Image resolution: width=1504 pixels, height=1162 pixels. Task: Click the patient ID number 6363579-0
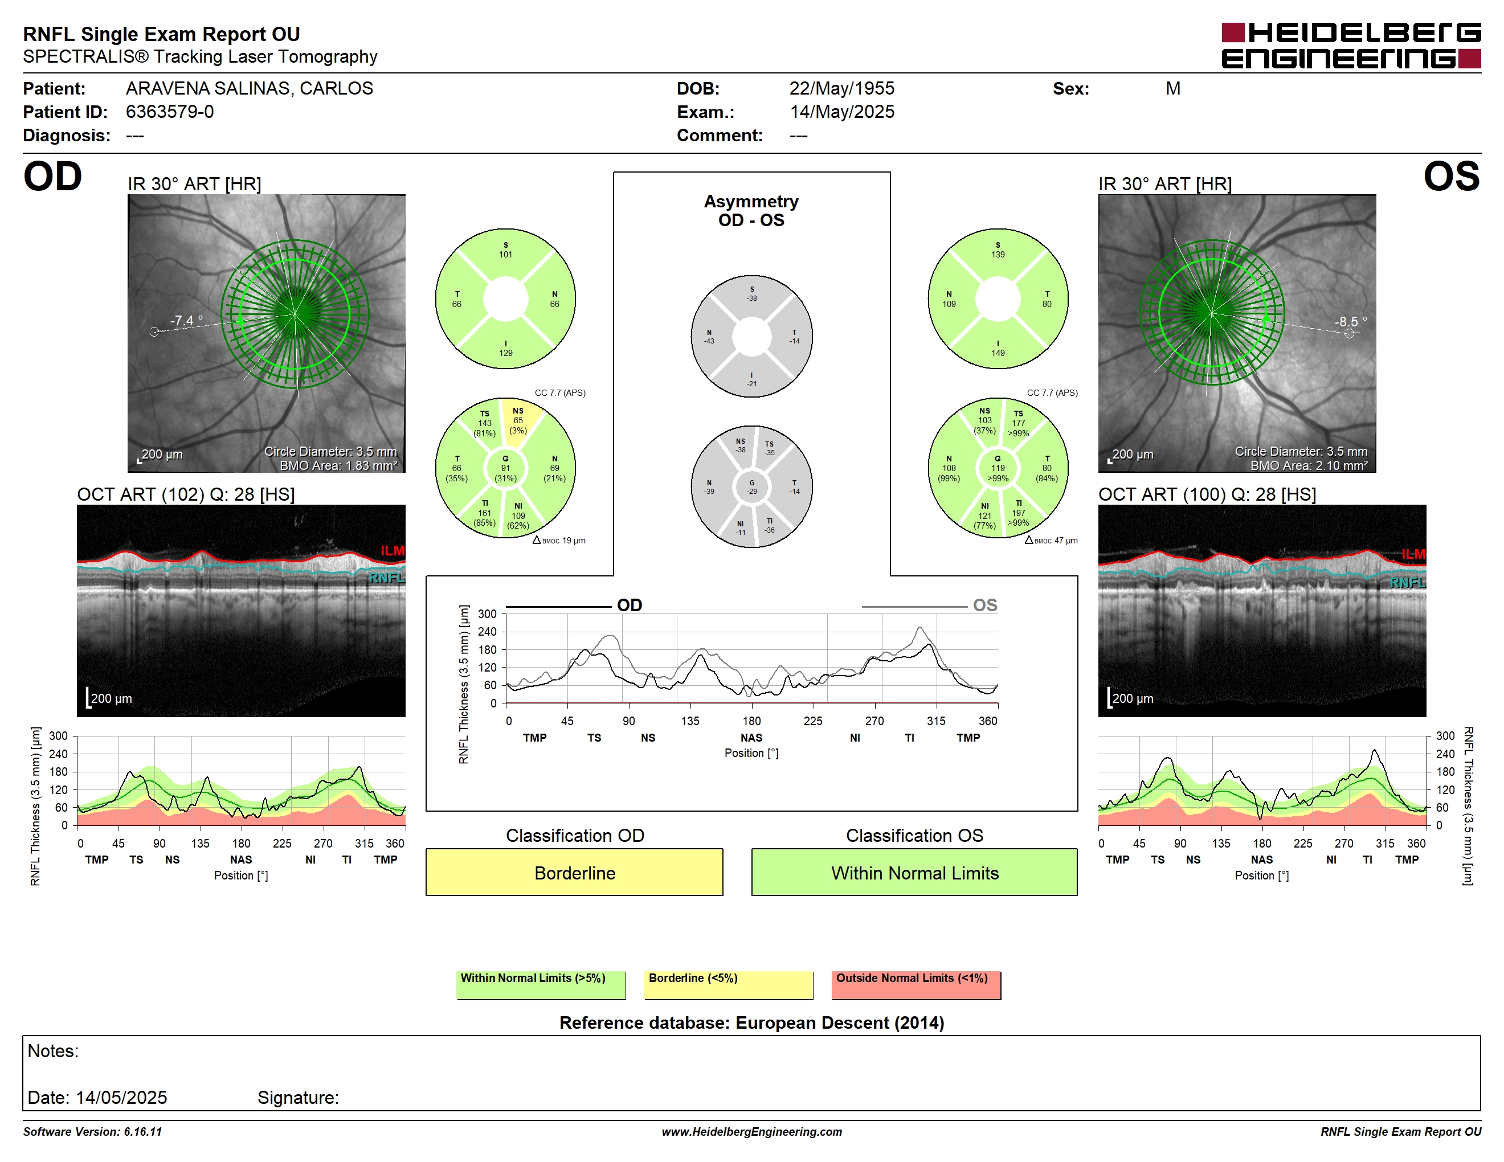click(x=169, y=112)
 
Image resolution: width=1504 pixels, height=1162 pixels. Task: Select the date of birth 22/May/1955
click(x=841, y=88)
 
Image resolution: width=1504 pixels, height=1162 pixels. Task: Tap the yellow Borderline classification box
click(x=574, y=872)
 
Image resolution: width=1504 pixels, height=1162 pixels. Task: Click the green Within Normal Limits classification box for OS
click(x=914, y=872)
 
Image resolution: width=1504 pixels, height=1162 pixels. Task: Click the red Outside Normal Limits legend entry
click(x=916, y=984)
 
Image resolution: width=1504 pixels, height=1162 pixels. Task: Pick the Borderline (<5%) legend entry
click(x=729, y=984)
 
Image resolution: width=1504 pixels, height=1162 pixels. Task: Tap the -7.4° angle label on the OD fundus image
click(x=187, y=321)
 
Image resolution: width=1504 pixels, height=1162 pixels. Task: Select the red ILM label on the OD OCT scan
click(x=393, y=551)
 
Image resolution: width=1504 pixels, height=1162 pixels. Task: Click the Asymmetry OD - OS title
click(x=751, y=211)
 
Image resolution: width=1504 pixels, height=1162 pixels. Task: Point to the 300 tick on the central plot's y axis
click(x=487, y=614)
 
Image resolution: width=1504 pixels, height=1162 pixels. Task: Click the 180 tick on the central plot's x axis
click(x=751, y=721)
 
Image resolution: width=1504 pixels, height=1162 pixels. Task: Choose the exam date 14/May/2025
click(x=842, y=112)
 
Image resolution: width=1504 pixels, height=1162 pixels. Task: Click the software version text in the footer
click(x=92, y=1132)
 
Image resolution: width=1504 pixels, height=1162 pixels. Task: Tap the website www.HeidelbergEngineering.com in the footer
click(x=751, y=1132)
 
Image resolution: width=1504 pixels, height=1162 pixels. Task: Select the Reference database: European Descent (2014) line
click(x=751, y=1022)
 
